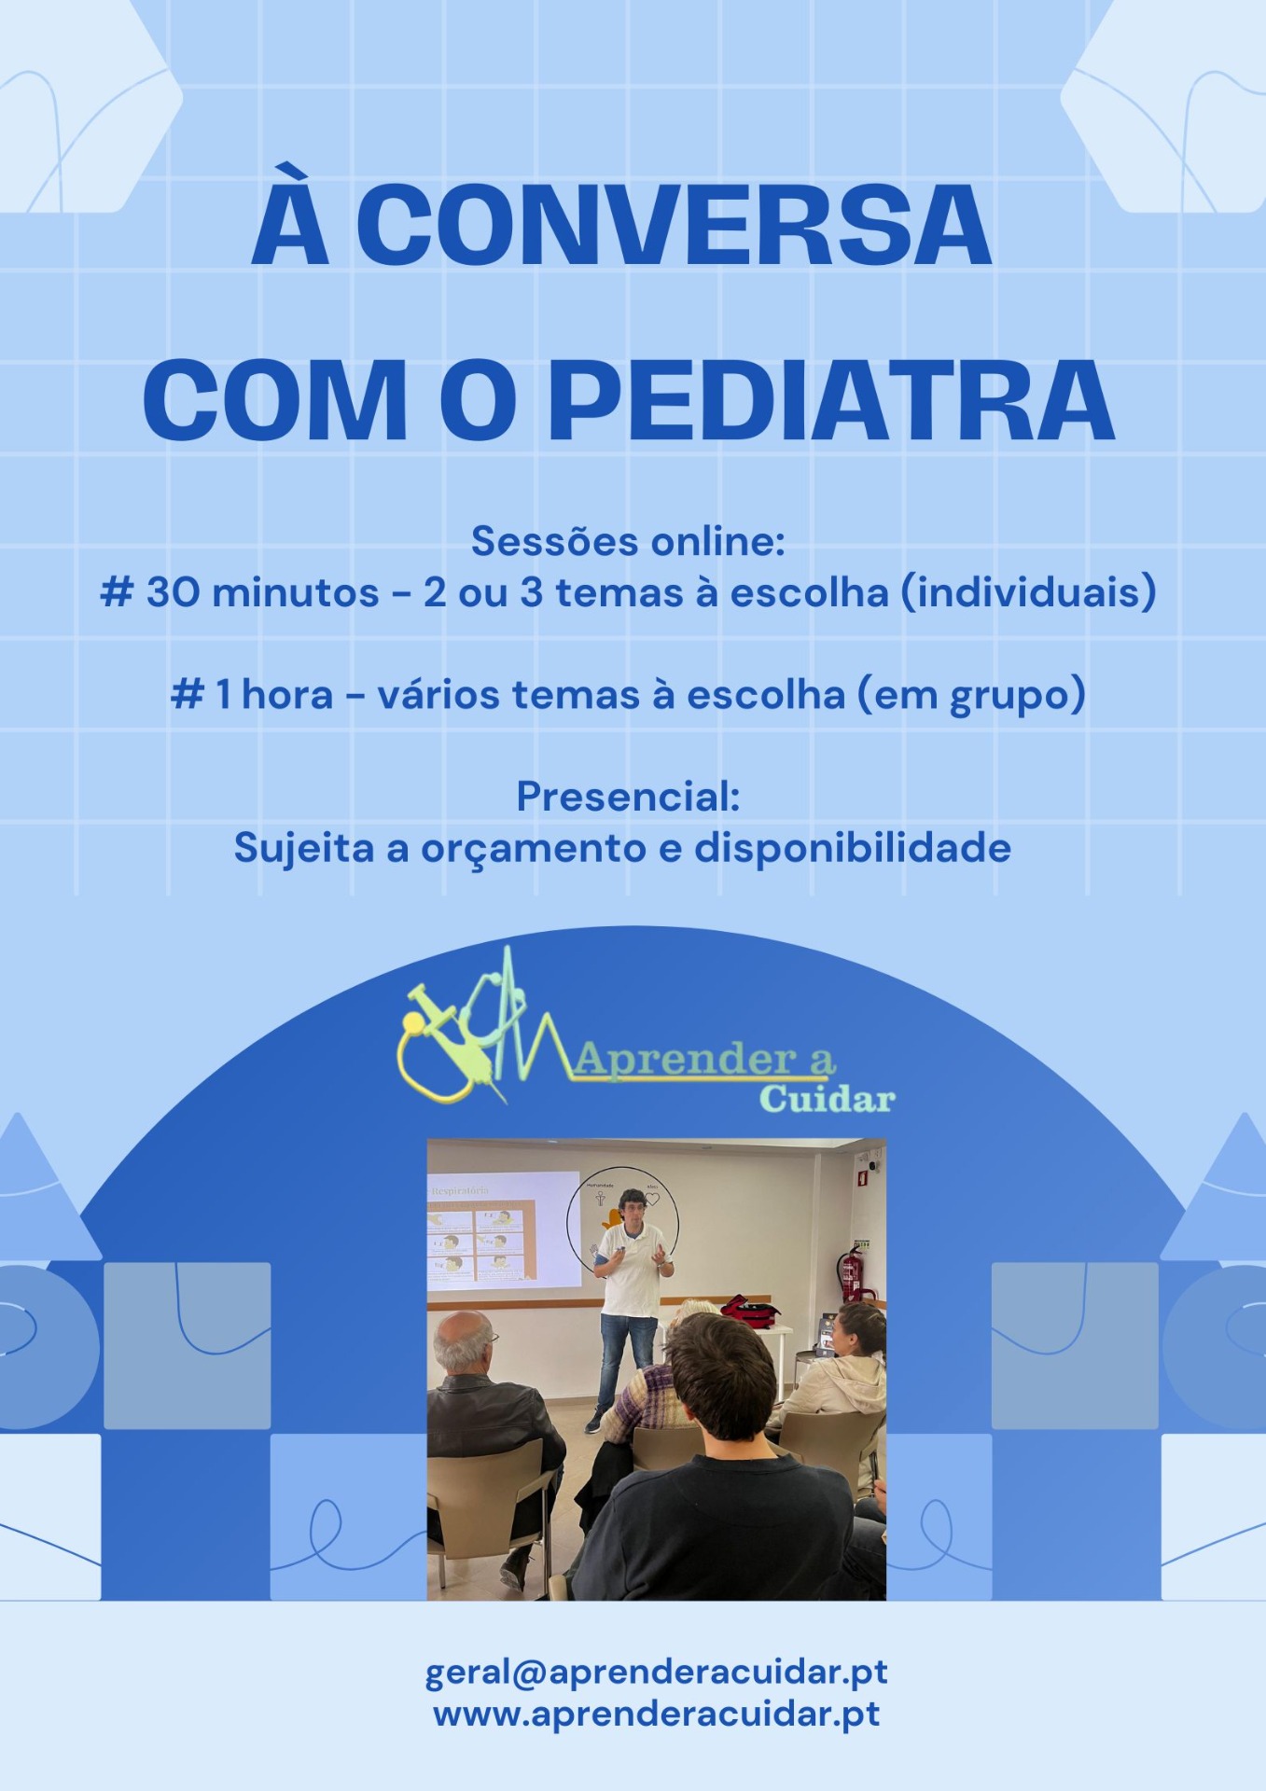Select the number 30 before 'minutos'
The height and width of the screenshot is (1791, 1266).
point(173,591)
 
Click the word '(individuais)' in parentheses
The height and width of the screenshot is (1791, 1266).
point(1029,592)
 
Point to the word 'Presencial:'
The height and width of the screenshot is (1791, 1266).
point(629,796)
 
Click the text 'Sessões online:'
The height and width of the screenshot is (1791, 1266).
point(629,541)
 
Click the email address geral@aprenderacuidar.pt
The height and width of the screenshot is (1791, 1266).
point(657,1673)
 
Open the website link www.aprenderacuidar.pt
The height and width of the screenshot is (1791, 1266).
point(657,1714)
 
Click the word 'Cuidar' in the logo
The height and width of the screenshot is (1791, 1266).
point(827,1098)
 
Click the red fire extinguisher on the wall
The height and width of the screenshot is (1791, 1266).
point(850,1273)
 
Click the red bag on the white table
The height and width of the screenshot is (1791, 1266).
point(750,1311)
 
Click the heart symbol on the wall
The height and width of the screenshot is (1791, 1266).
point(652,1199)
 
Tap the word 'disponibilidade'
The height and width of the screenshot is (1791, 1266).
point(853,848)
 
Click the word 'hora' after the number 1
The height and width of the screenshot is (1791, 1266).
point(287,695)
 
